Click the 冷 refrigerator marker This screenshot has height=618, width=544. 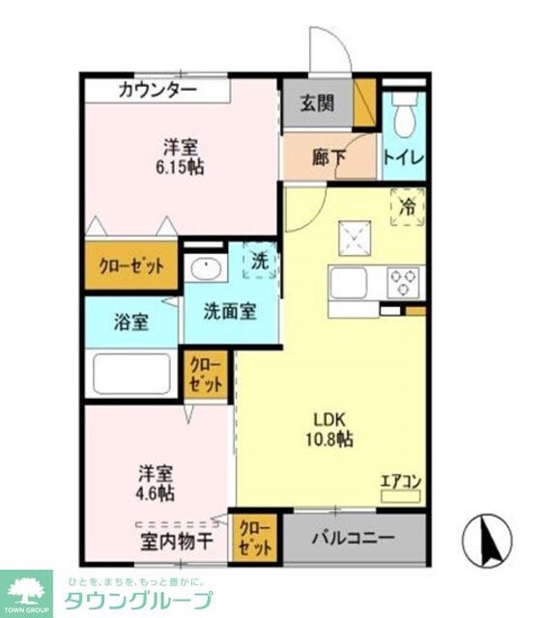click(408, 207)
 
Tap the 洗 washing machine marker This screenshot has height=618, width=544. click(260, 260)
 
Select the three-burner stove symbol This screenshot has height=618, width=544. click(403, 282)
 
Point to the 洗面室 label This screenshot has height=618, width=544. click(229, 313)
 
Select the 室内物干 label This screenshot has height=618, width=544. click(178, 543)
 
